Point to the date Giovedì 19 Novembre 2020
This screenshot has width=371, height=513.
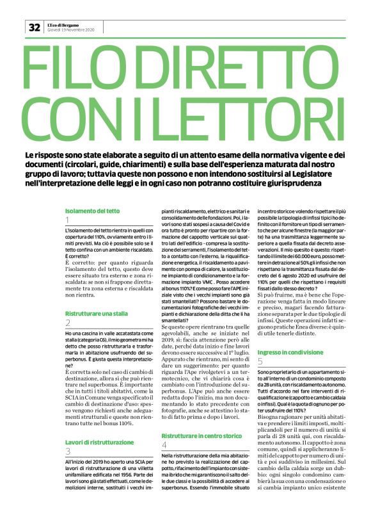tap(70, 30)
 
